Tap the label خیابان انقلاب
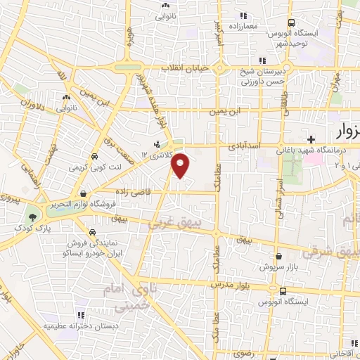click(182, 67)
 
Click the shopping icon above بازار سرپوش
click(279, 257)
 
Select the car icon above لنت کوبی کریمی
click(94, 157)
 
